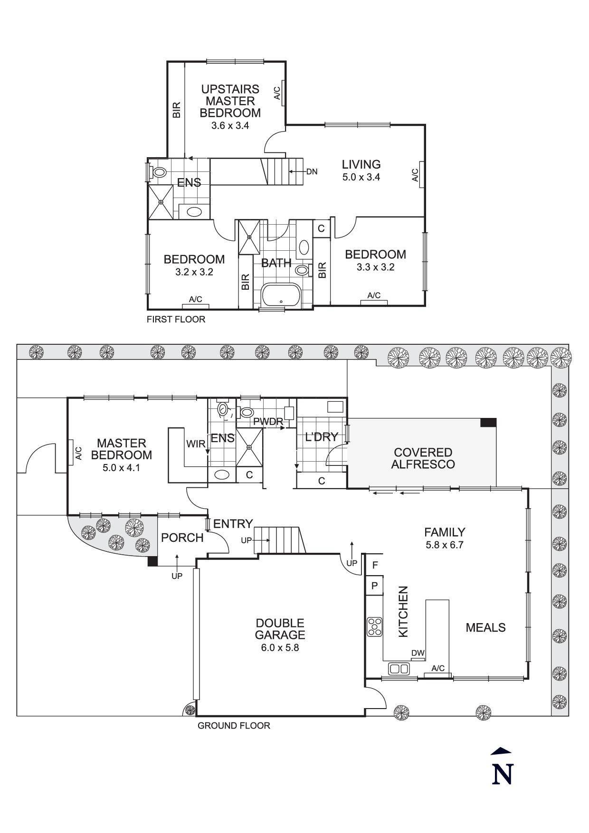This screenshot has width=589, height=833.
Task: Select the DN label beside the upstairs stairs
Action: pyautogui.click(x=312, y=171)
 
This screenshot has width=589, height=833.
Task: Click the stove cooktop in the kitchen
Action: pyautogui.click(x=374, y=626)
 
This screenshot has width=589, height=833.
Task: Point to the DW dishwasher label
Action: pyautogui.click(x=418, y=653)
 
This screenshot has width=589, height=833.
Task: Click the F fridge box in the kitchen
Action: pyautogui.click(x=375, y=565)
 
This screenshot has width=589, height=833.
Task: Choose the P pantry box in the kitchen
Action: pyautogui.click(x=374, y=585)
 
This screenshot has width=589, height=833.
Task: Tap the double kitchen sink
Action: pyautogui.click(x=399, y=669)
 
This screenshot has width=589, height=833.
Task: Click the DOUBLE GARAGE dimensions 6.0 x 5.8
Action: pyautogui.click(x=280, y=647)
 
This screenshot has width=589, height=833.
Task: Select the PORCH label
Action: pyautogui.click(x=182, y=538)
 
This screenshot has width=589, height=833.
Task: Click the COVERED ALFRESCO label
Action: pyautogui.click(x=423, y=458)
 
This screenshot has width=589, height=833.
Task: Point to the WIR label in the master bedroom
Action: pyautogui.click(x=195, y=444)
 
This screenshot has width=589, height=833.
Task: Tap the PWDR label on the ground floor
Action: pyautogui.click(x=268, y=421)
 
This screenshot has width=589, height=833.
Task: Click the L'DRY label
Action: pyautogui.click(x=322, y=437)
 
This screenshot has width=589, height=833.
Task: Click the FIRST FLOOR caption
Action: pyautogui.click(x=176, y=319)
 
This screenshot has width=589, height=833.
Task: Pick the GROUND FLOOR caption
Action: pyautogui.click(x=234, y=725)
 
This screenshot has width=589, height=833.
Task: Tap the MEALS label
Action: pyautogui.click(x=485, y=627)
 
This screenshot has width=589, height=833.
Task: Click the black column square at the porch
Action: pyautogui.click(x=152, y=561)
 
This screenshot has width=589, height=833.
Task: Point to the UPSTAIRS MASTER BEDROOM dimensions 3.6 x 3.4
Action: pyautogui.click(x=230, y=126)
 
